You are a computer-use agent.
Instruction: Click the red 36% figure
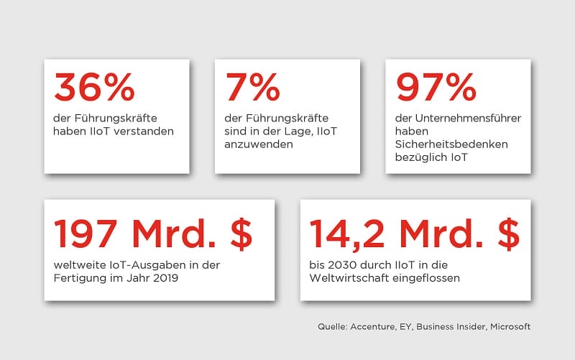[94, 88]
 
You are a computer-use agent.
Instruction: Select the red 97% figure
[436, 88]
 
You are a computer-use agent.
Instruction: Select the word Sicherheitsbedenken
[452, 144]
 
